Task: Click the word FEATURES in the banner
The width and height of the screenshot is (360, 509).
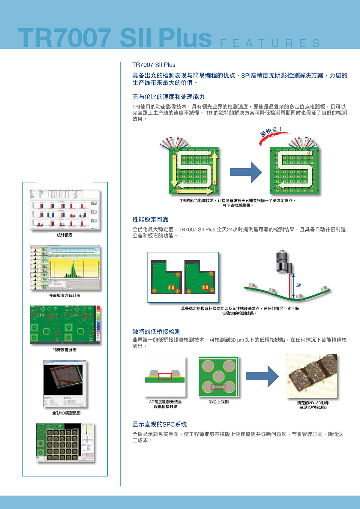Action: (x=270, y=43)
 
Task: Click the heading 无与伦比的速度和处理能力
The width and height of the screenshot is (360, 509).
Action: (x=168, y=97)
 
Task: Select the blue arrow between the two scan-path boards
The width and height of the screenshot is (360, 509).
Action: (x=246, y=172)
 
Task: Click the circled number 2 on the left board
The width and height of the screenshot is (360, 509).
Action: (x=178, y=191)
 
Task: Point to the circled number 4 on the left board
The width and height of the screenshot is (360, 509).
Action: (x=210, y=153)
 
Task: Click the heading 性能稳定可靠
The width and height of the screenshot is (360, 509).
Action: (x=150, y=220)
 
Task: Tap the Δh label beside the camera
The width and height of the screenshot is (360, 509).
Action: (x=299, y=285)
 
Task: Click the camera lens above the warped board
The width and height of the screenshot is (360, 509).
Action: (x=282, y=261)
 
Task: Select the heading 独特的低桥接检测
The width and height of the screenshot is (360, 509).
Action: (x=156, y=331)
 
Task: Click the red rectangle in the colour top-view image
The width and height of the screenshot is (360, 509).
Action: (x=218, y=387)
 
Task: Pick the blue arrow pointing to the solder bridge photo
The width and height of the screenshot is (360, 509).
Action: (x=262, y=376)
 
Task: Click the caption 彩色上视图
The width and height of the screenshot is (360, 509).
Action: (x=219, y=402)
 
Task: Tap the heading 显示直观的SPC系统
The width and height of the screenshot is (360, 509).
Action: (x=160, y=424)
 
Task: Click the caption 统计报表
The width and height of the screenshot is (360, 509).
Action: (x=64, y=235)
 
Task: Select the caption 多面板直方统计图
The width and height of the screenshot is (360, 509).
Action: (x=64, y=295)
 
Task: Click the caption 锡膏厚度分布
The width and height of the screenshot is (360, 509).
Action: (x=64, y=350)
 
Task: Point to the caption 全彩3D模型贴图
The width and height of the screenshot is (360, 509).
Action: (x=66, y=413)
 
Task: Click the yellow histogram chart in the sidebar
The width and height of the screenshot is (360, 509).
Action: (x=74, y=269)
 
